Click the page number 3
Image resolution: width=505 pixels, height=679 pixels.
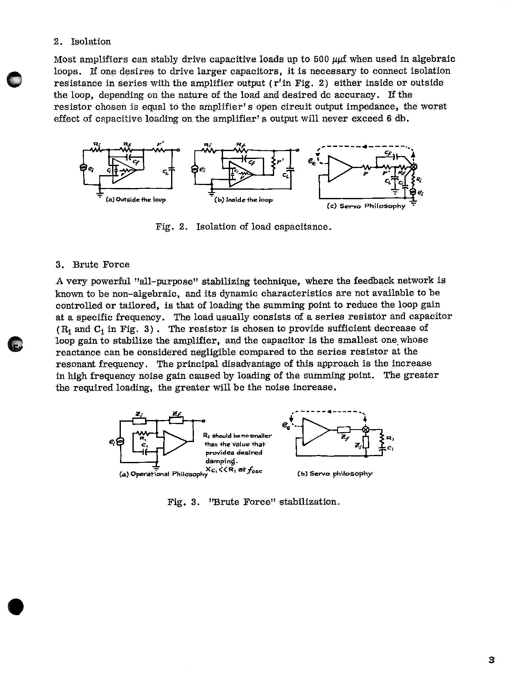(x=491, y=660)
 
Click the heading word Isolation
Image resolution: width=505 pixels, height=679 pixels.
(x=91, y=42)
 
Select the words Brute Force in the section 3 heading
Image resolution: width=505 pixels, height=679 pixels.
(x=101, y=264)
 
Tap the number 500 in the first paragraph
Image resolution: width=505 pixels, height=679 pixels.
(x=321, y=59)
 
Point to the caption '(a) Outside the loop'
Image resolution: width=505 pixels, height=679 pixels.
(x=136, y=200)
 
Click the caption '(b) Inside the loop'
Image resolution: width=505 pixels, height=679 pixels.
(x=244, y=200)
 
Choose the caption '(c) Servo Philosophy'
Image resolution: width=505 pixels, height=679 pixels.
(x=366, y=206)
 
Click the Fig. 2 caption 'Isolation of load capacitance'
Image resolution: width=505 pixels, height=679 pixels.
(x=264, y=227)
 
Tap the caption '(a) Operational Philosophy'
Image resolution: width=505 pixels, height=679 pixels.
(x=163, y=474)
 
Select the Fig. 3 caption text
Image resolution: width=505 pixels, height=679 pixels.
(x=254, y=502)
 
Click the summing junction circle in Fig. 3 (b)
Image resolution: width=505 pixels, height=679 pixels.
(x=366, y=430)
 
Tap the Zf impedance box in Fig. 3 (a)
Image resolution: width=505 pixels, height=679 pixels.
(x=177, y=420)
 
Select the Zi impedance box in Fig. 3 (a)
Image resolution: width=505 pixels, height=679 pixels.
(x=139, y=420)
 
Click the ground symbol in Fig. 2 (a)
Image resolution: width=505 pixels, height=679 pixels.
(x=100, y=193)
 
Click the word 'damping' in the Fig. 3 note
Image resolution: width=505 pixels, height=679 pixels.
(x=221, y=461)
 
